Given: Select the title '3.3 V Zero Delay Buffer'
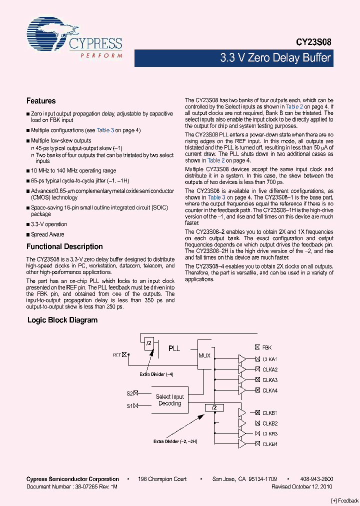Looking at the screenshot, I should (x=275, y=58).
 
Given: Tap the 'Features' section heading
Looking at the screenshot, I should (x=41, y=101).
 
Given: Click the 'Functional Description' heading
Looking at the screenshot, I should (x=64, y=246).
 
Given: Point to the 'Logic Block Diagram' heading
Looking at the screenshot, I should (x=62, y=320).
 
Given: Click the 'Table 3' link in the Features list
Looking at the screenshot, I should (x=105, y=130).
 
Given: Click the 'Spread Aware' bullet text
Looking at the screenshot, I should (x=47, y=234).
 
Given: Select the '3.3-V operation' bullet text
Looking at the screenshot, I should (x=49, y=224).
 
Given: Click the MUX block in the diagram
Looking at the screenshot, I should (x=204, y=355).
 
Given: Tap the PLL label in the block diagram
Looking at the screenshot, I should (x=174, y=348).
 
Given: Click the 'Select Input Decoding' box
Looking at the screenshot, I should (x=169, y=400).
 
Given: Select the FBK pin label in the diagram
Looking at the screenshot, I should (x=267, y=347).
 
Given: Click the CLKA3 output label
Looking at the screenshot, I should (x=270, y=380).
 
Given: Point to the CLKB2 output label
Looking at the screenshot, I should (x=270, y=423).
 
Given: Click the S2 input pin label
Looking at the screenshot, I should (x=129, y=393).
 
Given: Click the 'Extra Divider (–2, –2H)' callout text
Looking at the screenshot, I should (x=175, y=441).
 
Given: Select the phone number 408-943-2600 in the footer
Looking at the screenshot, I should (x=317, y=479).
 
